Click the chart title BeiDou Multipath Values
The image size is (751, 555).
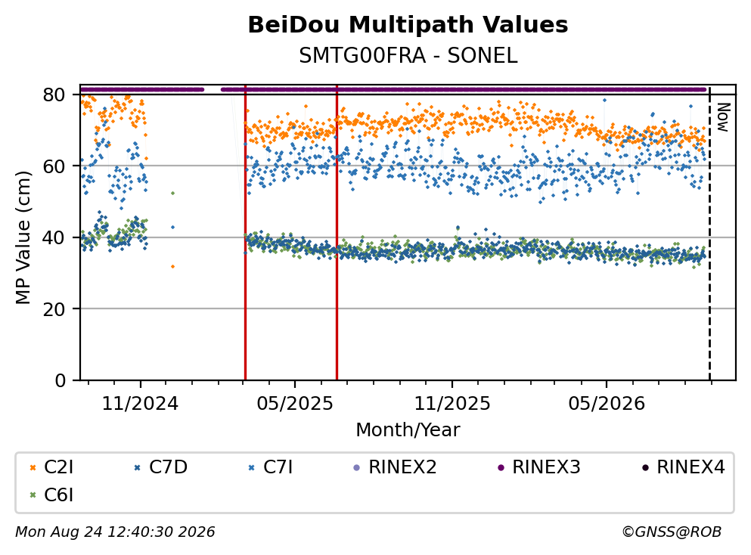tap(408, 25)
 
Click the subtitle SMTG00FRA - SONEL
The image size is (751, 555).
tap(408, 56)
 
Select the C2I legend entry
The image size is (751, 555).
tap(51, 467)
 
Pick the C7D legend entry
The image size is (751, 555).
tap(161, 467)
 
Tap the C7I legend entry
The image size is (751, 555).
tap(271, 467)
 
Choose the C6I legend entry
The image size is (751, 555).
tap(51, 495)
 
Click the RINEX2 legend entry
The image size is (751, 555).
tap(395, 467)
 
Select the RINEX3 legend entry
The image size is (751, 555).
tap(539, 467)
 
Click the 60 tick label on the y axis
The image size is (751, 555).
tap(54, 166)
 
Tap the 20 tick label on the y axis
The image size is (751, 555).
tap(54, 309)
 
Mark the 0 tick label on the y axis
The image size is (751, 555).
tap(61, 380)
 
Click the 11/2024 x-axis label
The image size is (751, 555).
tap(140, 404)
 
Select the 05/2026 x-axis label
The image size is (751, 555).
tap(607, 404)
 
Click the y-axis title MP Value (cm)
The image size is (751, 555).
tap(23, 237)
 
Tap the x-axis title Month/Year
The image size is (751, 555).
tap(408, 430)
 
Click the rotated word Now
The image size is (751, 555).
tap(723, 117)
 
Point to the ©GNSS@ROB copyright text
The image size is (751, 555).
tap(672, 532)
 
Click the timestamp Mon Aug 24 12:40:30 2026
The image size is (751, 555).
tap(116, 532)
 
